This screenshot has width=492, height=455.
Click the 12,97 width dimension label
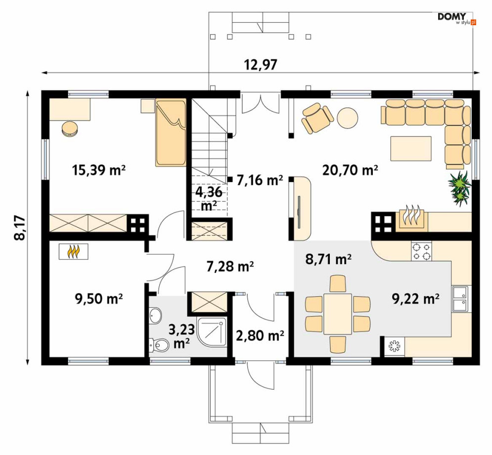pos(261,65)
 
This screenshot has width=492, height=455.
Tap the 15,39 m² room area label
pos(98,171)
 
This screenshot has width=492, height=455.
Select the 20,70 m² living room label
pos(350,170)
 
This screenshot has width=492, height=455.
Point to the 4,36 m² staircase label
pos(209,199)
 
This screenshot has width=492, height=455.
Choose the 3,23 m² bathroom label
pos(181,336)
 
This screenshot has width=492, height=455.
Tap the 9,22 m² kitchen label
pos(415,299)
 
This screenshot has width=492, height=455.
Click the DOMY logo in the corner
pos(456,18)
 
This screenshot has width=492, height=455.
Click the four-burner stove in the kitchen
pos(421,251)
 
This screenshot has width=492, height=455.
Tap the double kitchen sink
pos(460,299)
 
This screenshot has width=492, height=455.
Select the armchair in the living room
pos(317,118)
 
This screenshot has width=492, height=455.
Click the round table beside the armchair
pos(347,118)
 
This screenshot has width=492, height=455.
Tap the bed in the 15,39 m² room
pos(171,133)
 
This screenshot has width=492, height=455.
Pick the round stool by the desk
pos(70,129)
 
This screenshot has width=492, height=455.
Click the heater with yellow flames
pos(73,251)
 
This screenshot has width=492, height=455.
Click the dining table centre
pos(338,314)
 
